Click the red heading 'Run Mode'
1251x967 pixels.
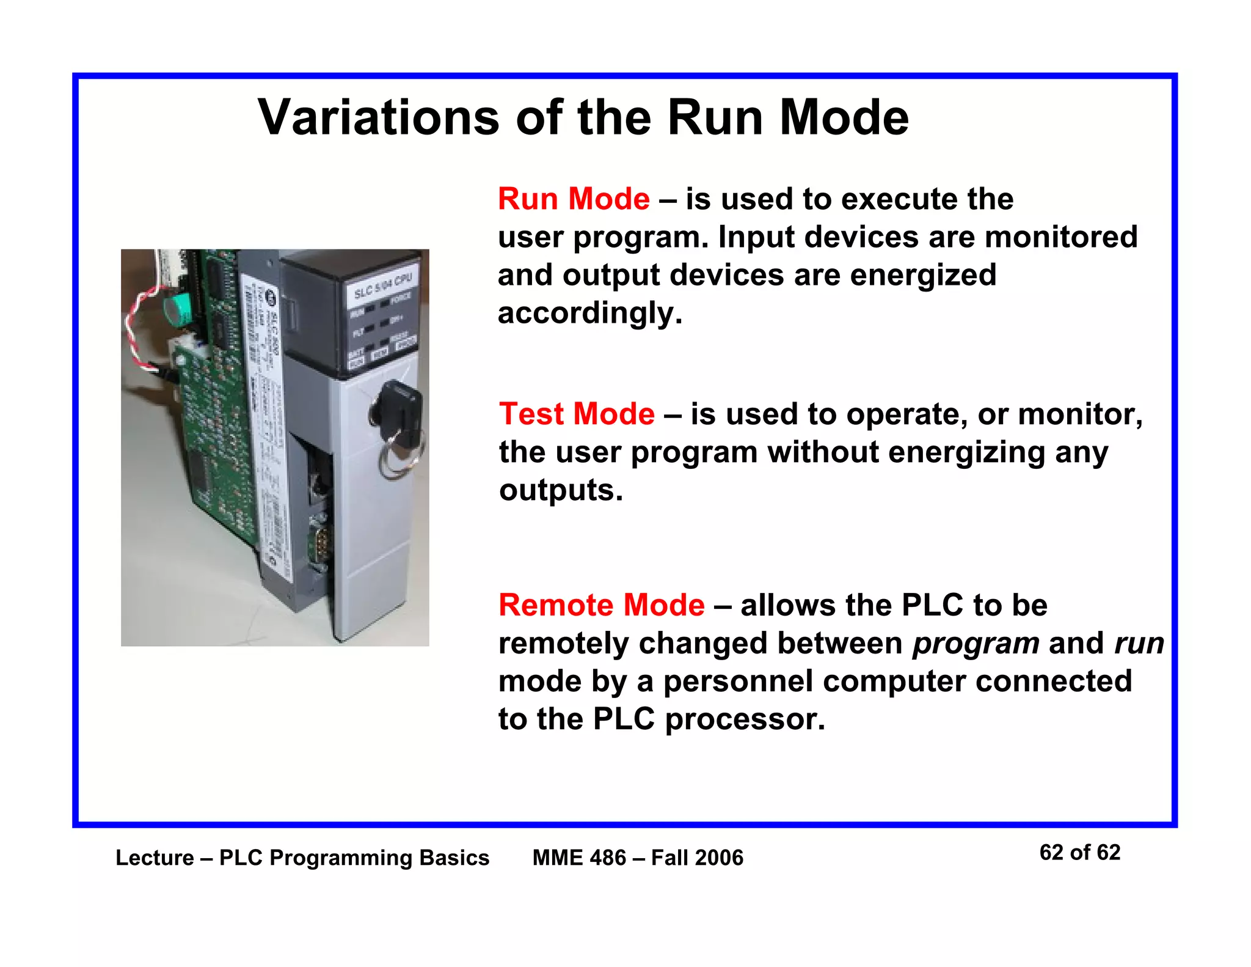[574, 199]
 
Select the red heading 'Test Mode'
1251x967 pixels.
[577, 414]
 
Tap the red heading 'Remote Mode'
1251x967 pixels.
[601, 605]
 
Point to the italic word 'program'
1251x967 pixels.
[976, 644]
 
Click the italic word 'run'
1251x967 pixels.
[1139, 644]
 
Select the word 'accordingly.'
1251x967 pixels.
[589, 314]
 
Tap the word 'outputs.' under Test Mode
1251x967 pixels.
[561, 490]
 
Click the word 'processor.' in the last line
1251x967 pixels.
[745, 719]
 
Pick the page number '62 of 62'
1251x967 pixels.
[1079, 853]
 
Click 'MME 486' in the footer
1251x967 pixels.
[579, 858]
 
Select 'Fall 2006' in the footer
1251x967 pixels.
[697, 858]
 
